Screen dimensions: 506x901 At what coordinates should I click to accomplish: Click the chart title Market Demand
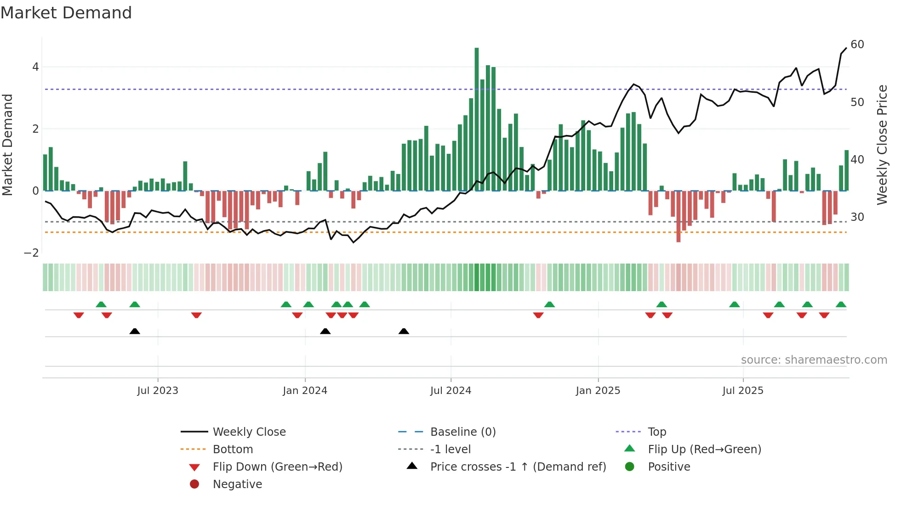pyautogui.click(x=66, y=13)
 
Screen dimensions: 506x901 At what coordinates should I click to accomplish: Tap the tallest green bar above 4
pyautogui.click(x=477, y=119)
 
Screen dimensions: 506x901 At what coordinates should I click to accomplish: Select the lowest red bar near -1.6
pyautogui.click(x=679, y=216)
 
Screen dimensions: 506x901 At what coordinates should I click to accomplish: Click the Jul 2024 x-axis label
pyautogui.click(x=450, y=391)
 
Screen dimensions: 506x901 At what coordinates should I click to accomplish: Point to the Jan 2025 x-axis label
pyautogui.click(x=598, y=391)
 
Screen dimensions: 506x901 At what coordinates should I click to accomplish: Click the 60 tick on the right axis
pyautogui.click(x=857, y=45)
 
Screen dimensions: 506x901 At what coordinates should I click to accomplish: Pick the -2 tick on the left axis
pyautogui.click(x=32, y=253)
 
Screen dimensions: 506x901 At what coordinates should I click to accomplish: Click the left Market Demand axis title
pyautogui.click(x=7, y=145)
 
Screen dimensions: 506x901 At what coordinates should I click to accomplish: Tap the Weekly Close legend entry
pyautogui.click(x=249, y=432)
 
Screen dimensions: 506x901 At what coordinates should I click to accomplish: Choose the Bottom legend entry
pyautogui.click(x=233, y=450)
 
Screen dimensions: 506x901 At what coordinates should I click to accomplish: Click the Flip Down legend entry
pyautogui.click(x=277, y=467)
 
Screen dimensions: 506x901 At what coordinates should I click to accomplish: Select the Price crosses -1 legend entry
pyautogui.click(x=518, y=467)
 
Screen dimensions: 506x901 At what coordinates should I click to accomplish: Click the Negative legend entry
pyautogui.click(x=237, y=484)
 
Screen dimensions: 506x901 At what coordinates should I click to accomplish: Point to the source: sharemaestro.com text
pyautogui.click(x=814, y=360)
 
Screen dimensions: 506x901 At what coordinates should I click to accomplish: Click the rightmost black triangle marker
pyautogui.click(x=404, y=331)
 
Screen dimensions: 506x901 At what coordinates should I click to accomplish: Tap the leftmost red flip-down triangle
pyautogui.click(x=79, y=315)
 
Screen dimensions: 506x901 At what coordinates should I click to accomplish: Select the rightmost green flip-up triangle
pyautogui.click(x=841, y=304)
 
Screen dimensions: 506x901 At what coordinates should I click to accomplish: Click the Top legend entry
pyautogui.click(x=656, y=432)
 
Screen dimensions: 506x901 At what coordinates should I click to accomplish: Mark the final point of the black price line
pyautogui.click(x=846, y=48)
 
